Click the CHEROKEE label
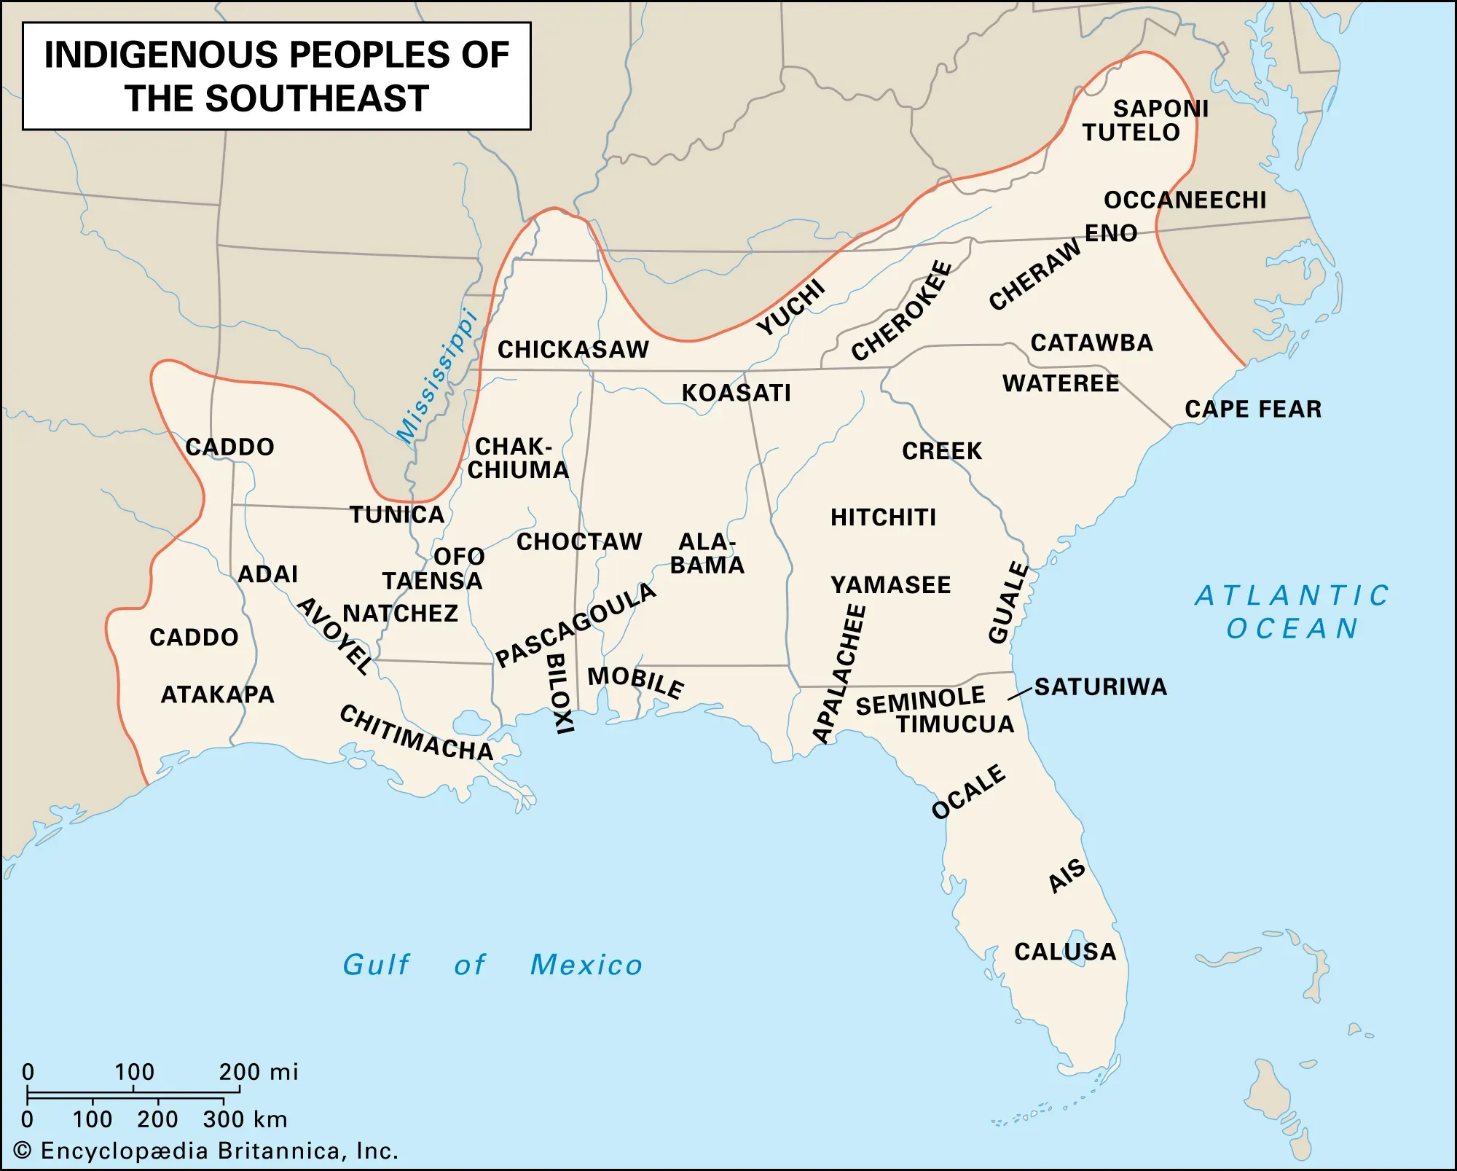902,311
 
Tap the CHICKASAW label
573,350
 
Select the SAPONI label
1161,109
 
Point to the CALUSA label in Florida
1065,952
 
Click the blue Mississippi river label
436,377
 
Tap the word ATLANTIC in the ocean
1292,596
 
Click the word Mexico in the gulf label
586,965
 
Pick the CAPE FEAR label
1253,410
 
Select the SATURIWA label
1100,687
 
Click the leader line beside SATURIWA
1020,694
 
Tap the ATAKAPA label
217,694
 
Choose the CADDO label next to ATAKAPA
194,638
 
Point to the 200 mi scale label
258,1072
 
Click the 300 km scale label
245,1119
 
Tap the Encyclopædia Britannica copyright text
206,1151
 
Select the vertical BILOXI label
559,693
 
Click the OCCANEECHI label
1185,200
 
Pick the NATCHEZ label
400,614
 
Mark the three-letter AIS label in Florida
1067,876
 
